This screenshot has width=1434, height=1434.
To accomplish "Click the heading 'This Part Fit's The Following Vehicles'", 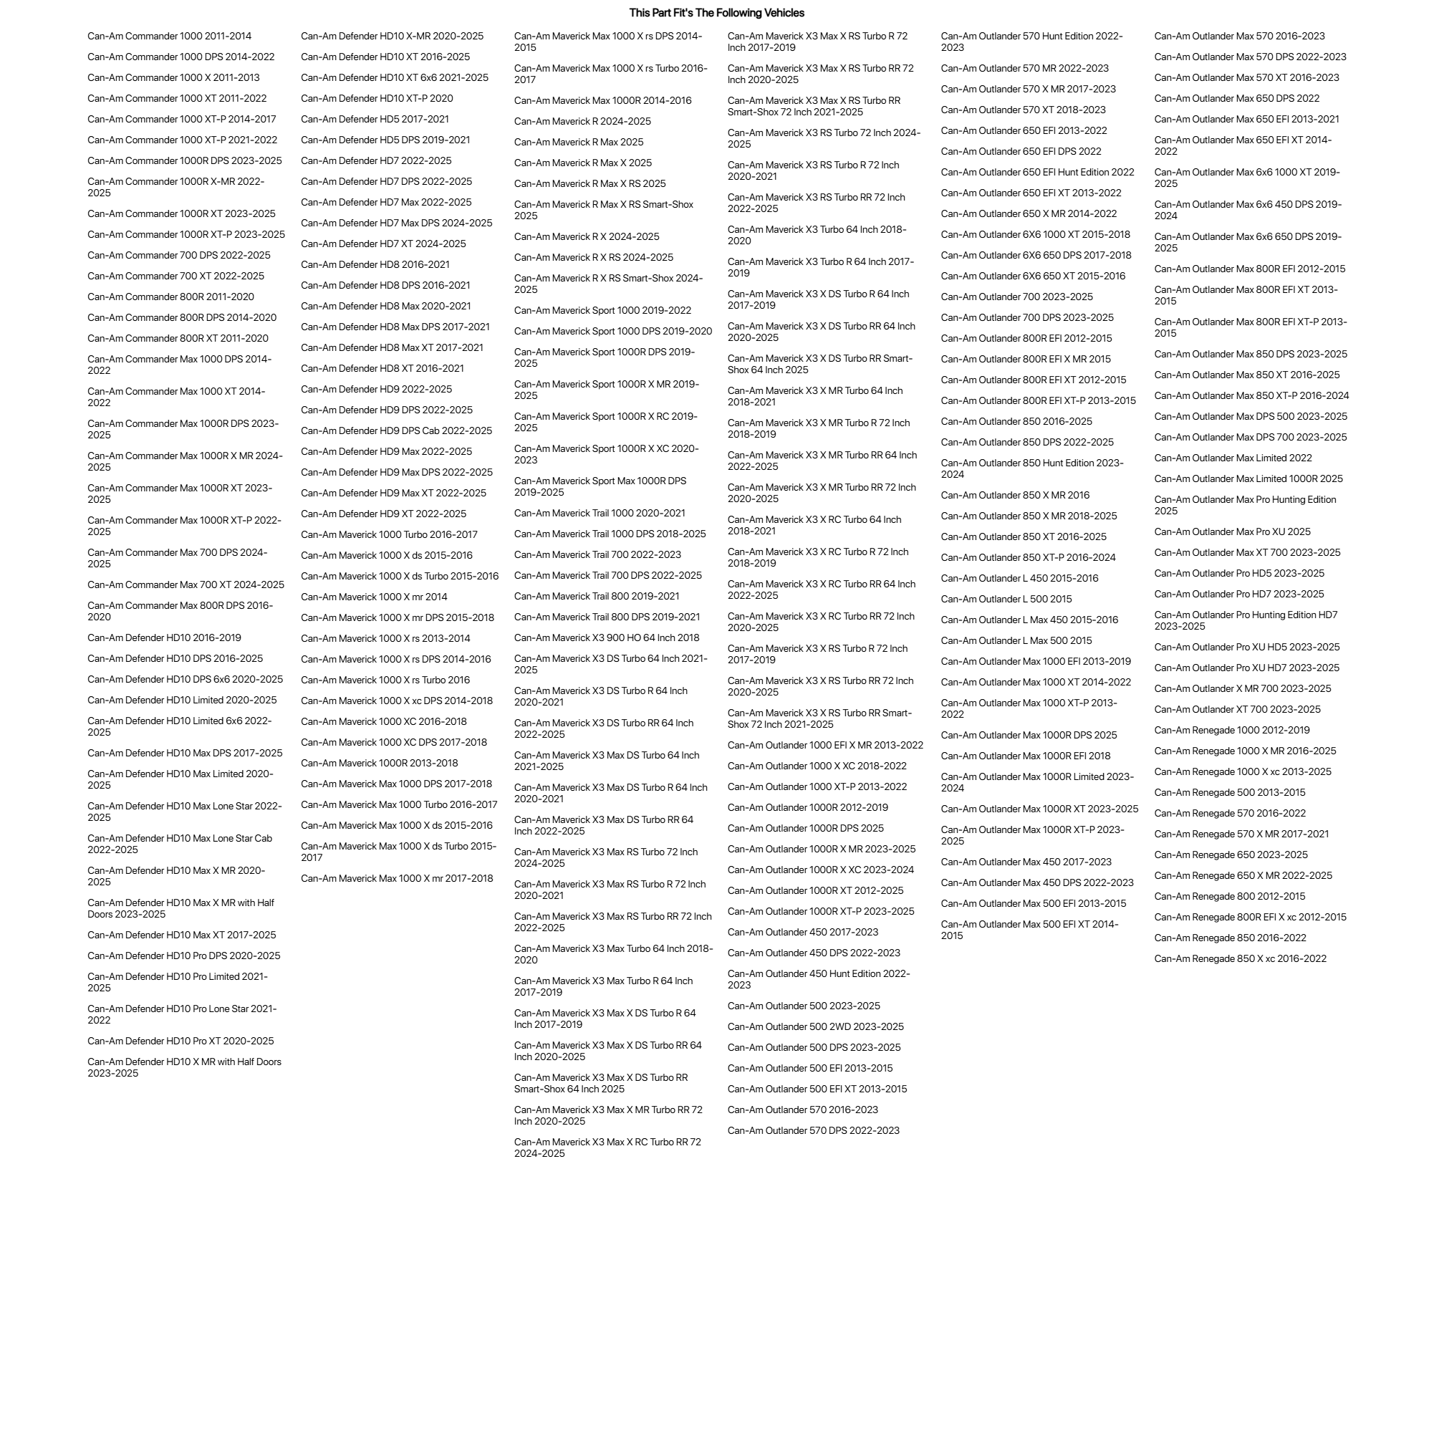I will click(716, 13).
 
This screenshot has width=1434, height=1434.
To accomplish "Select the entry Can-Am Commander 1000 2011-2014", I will click(169, 37).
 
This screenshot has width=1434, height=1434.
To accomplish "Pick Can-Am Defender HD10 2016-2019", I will click(164, 637).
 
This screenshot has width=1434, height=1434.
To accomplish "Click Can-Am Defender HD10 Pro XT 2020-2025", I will click(181, 1041).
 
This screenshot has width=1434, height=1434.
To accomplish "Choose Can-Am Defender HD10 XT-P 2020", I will click(376, 99).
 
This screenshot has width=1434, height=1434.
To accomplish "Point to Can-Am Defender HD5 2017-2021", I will click(374, 120).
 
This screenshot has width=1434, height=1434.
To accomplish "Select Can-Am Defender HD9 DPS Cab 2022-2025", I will click(396, 431).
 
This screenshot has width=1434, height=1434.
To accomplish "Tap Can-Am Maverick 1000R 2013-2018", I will click(380, 763).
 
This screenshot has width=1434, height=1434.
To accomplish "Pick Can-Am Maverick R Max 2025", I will click(578, 143).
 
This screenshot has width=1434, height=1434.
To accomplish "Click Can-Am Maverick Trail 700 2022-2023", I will click(597, 554).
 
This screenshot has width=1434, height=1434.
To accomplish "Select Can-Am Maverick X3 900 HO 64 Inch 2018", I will click(607, 637).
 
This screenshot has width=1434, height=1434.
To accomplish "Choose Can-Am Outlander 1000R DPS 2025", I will click(805, 828).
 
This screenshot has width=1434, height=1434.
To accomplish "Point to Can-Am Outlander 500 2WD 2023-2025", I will click(815, 1027).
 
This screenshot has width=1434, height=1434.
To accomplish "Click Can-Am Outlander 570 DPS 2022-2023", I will click(813, 1130).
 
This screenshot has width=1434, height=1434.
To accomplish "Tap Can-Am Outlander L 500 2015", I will click(1006, 599).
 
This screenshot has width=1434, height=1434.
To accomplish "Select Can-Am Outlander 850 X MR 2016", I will click(1015, 495).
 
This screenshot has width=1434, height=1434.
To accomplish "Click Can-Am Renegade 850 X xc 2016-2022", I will click(1240, 959).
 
